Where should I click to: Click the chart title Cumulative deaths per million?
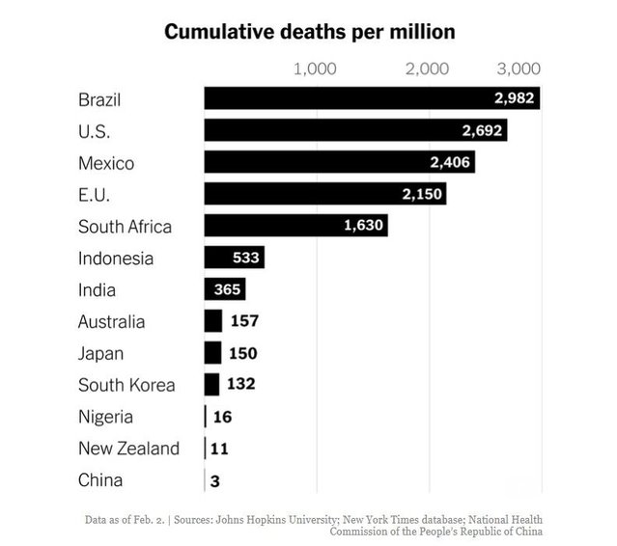point(309,32)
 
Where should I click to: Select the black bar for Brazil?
point(348,98)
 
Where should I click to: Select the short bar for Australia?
point(212,321)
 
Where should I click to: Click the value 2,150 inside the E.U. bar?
point(421,194)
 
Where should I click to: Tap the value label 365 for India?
point(224,289)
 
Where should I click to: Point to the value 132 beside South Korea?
point(240,385)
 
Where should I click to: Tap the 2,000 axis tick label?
point(428,68)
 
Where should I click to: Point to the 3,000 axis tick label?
point(519,68)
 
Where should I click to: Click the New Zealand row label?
point(128,449)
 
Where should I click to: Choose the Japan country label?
point(101,353)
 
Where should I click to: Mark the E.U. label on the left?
point(95,194)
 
